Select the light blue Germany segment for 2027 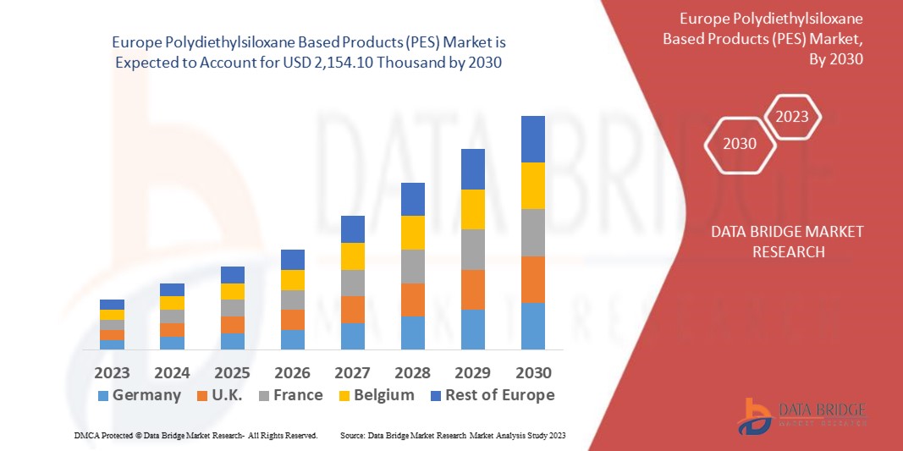point(352,336)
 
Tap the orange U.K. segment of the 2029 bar point(472,289)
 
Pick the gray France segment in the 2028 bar point(412,266)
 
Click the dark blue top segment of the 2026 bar point(292,259)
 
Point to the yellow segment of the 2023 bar point(112,315)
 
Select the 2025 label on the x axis point(232,372)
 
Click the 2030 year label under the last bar point(532,372)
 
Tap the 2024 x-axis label point(172,372)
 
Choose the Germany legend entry point(140,395)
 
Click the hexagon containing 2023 point(792,117)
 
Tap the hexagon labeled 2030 point(741,144)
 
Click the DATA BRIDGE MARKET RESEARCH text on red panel point(787,241)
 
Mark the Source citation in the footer point(452,435)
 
